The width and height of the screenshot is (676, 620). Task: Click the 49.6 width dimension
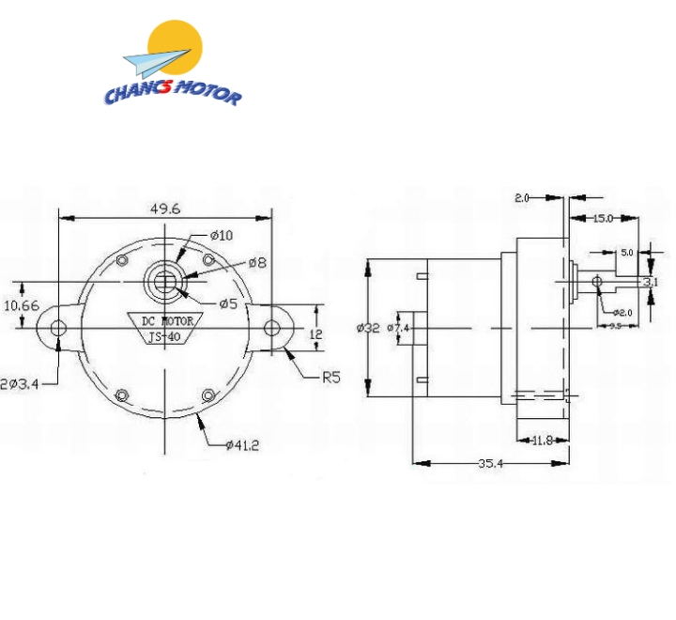click(x=163, y=209)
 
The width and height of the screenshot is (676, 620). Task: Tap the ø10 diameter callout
click(x=221, y=235)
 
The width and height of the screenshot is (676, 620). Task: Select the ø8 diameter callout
click(x=257, y=263)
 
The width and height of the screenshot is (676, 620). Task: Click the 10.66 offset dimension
click(x=21, y=305)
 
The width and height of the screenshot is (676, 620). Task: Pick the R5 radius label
click(x=330, y=378)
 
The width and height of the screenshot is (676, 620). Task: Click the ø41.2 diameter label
click(x=241, y=444)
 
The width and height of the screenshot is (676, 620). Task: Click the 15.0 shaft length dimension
click(x=603, y=218)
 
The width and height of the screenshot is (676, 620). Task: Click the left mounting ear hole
click(x=58, y=328)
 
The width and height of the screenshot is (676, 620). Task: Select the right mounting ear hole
click(x=272, y=328)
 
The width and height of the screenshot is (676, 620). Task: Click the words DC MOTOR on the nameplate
click(x=167, y=320)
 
